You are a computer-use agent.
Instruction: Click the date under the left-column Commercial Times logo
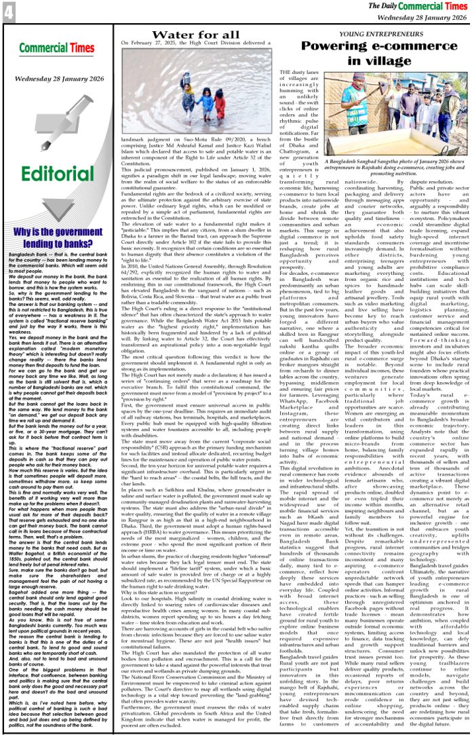pos(57,77)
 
